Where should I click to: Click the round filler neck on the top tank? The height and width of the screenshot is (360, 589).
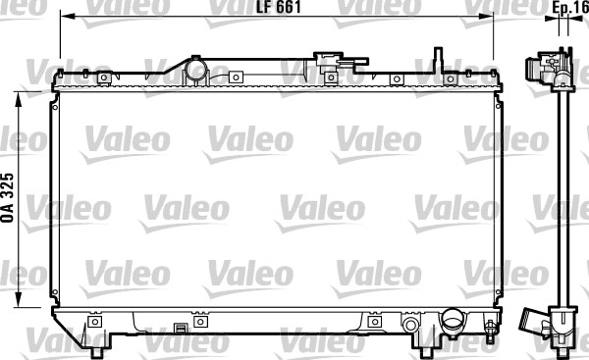pyautogui.click(x=197, y=71)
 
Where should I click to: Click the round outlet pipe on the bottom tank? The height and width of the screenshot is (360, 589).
pyautogui.click(x=453, y=321)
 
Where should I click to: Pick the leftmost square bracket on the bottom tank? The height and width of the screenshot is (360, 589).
pyautogui.click(x=94, y=321)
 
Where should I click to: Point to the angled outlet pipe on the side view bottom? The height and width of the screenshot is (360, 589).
pyautogui.click(x=533, y=323)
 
